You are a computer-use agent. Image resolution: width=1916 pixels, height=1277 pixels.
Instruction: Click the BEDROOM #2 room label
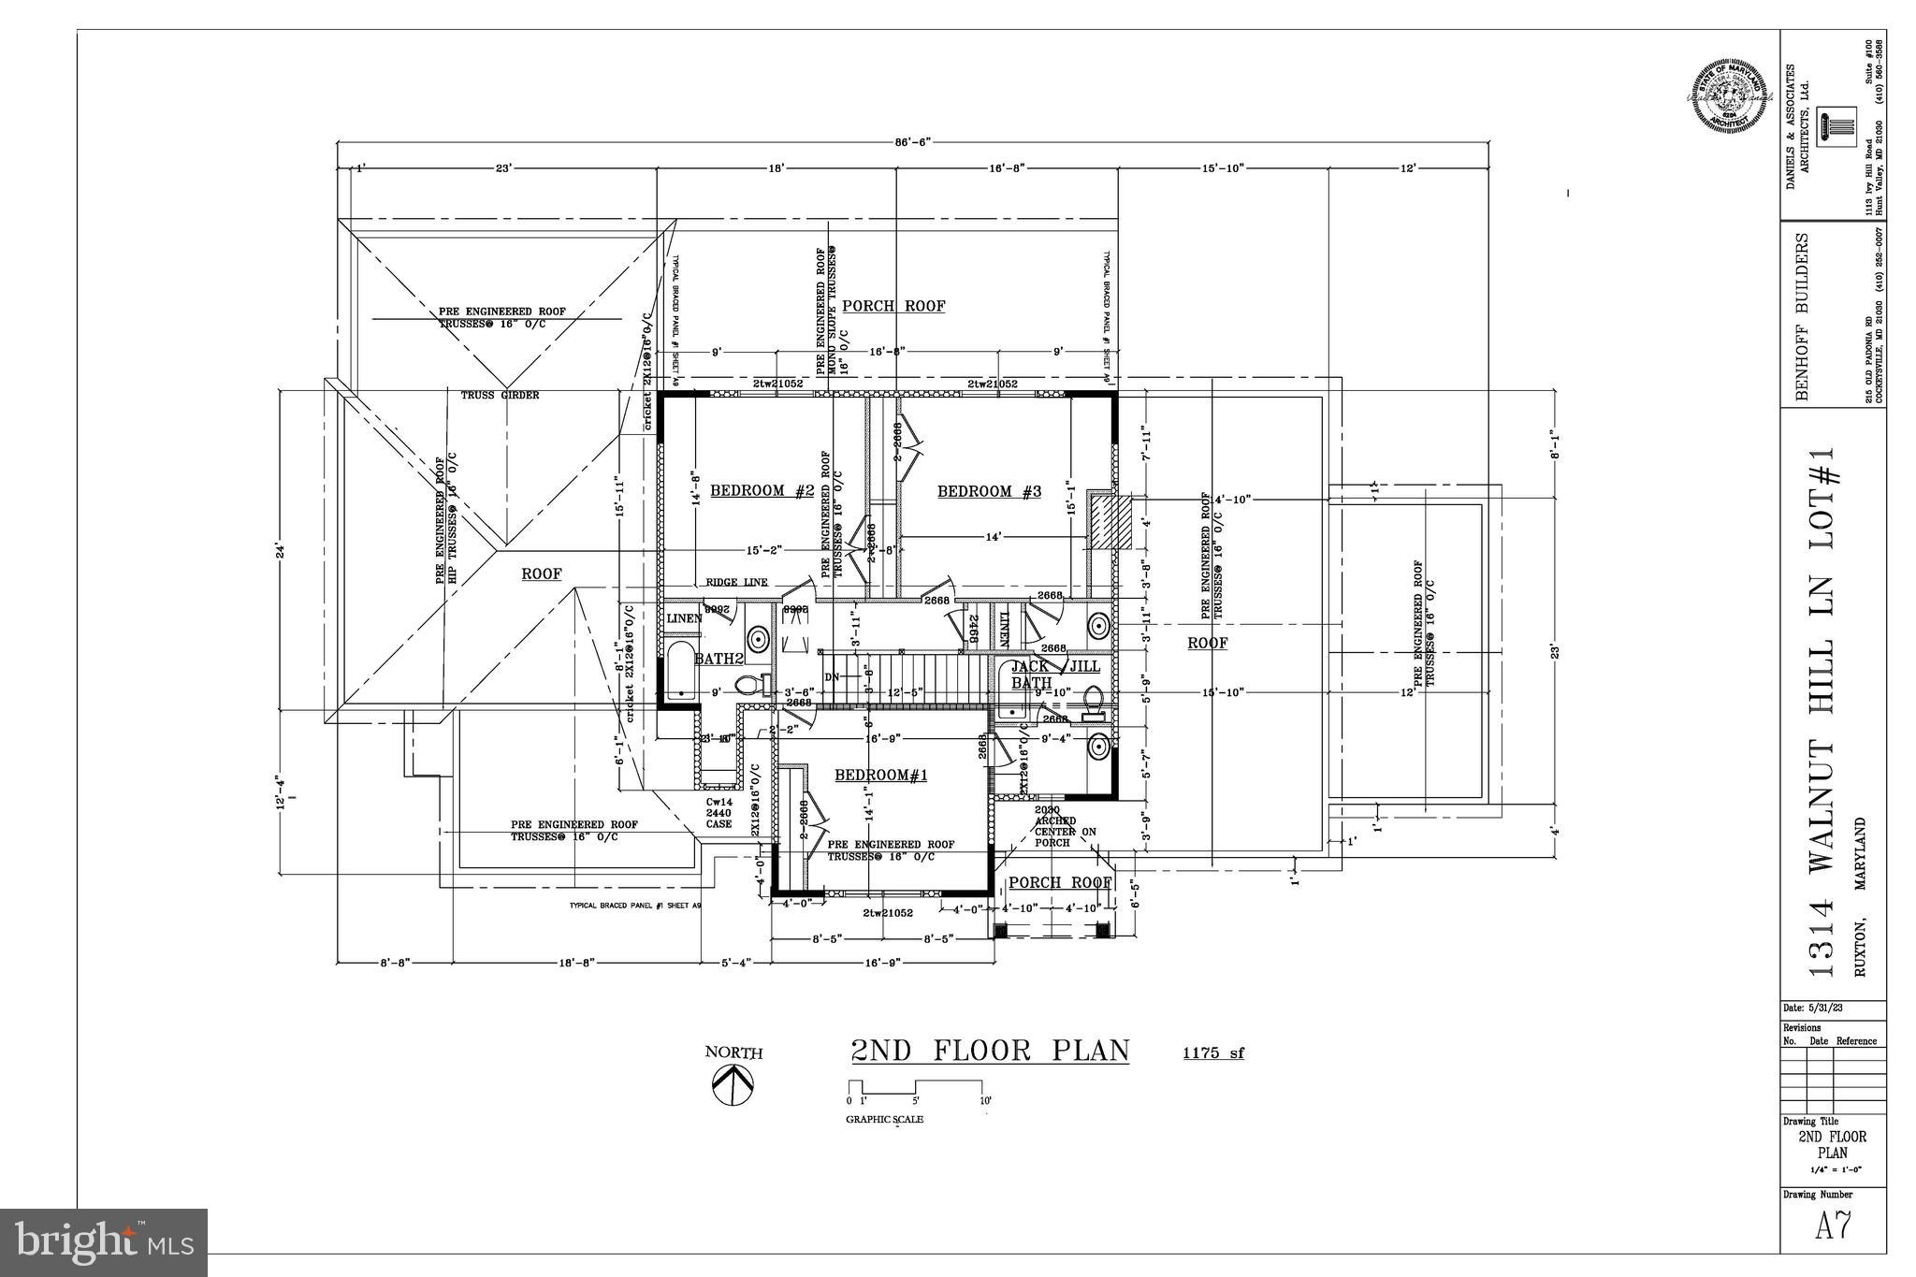762,491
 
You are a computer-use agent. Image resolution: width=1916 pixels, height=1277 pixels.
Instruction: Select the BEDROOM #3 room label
989,492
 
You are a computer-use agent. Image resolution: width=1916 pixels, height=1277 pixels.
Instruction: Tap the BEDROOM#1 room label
880,775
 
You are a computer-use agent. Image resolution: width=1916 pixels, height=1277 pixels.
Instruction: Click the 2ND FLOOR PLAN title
990,1051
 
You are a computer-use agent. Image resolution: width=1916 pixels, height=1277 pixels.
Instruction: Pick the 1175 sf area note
1213,1053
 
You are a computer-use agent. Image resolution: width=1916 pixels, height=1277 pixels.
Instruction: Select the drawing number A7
1834,1226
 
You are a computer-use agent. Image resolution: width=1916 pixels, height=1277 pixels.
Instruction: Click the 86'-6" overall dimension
912,142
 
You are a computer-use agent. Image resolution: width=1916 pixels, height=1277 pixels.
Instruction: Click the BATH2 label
718,659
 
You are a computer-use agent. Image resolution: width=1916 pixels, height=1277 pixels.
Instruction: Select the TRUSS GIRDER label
500,396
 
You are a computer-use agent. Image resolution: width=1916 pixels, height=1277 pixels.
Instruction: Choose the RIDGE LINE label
736,583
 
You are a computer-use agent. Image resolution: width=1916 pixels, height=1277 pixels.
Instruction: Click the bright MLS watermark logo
104,1242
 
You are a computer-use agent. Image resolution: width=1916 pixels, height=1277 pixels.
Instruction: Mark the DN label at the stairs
832,677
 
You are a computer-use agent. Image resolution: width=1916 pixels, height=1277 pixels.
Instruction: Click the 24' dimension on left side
279,552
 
